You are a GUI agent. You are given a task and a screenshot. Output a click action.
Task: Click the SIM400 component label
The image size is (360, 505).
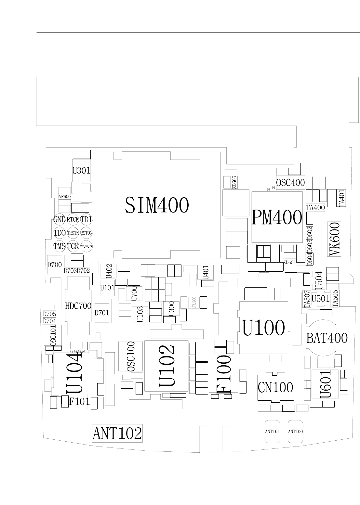(x=156, y=205)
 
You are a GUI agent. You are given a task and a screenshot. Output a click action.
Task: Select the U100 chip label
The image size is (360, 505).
(x=264, y=328)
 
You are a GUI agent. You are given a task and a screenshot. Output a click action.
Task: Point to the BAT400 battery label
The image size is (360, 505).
(x=327, y=338)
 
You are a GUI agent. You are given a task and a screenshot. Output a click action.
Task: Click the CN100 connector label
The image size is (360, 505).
(x=275, y=387)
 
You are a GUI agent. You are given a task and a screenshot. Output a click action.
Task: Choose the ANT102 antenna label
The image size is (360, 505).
(x=117, y=433)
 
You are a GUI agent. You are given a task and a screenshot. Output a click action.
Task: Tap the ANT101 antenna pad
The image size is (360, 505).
(x=273, y=432)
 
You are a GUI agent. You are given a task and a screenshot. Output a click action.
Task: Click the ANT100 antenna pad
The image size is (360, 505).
(x=296, y=432)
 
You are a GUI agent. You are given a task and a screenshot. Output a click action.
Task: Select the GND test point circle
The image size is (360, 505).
(x=60, y=220)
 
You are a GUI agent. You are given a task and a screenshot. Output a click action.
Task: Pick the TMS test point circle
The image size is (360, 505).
(x=60, y=246)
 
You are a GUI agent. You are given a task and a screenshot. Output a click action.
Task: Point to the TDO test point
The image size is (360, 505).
(x=60, y=233)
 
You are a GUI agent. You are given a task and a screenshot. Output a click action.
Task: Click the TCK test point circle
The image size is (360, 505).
(x=73, y=246)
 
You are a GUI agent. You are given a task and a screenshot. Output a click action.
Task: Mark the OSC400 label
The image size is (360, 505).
(x=290, y=183)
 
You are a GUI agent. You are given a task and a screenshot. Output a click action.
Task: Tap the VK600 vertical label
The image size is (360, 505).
(x=334, y=239)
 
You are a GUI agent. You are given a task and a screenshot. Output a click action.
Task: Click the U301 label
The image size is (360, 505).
(x=81, y=170)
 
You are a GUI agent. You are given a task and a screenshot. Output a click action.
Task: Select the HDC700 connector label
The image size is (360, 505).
(x=78, y=306)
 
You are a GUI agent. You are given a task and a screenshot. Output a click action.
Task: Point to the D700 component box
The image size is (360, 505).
(x=54, y=265)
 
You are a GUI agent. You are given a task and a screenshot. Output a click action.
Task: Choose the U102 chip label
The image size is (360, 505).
(x=167, y=366)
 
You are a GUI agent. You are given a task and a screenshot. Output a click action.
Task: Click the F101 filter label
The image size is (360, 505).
(x=79, y=402)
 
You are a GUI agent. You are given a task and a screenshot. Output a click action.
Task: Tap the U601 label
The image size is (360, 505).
(x=325, y=384)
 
